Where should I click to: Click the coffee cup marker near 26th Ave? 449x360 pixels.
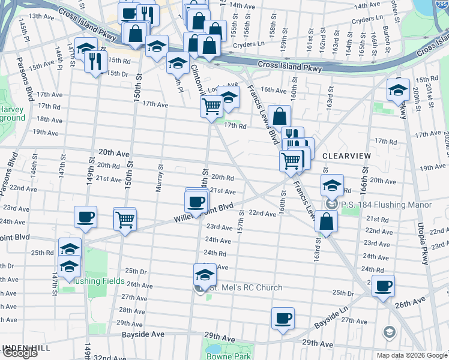coord(383,286)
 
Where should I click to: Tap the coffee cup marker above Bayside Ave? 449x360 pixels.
coord(283,319)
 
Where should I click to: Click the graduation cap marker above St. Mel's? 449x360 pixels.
coord(205,275)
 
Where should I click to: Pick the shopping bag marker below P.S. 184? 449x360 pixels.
coord(325,222)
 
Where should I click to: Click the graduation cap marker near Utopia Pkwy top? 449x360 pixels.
coord(397,90)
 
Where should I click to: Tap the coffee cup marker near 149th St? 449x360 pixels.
coord(85,217)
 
